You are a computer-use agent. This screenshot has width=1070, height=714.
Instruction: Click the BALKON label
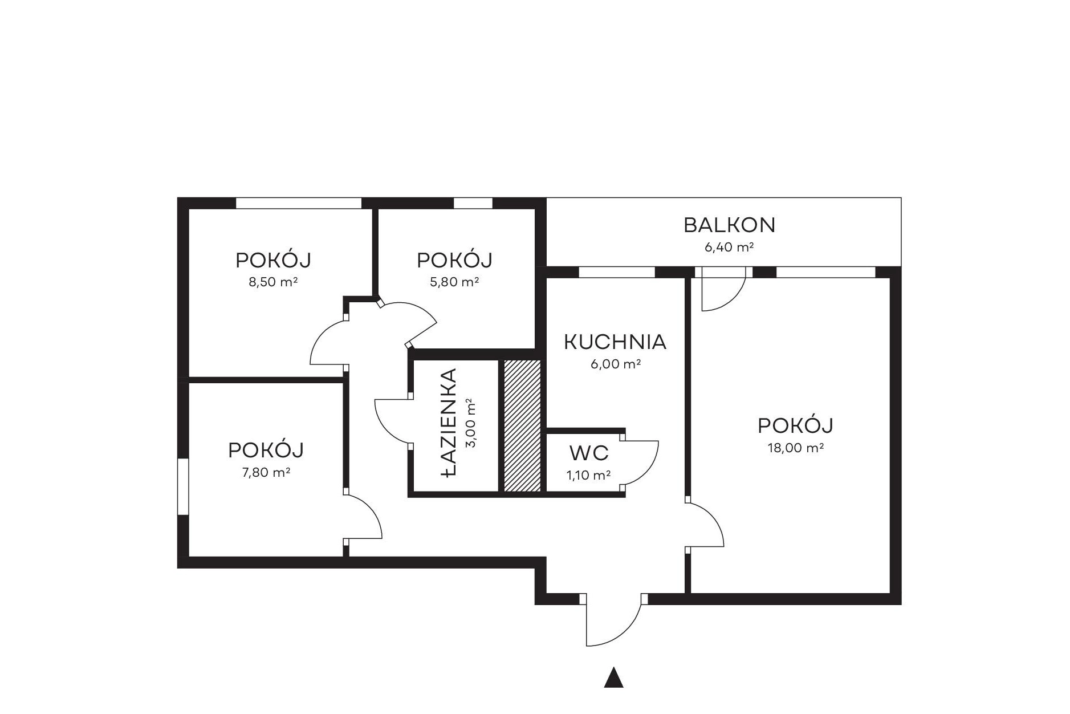point(729,225)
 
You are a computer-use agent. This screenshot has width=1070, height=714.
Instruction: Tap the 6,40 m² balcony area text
point(729,247)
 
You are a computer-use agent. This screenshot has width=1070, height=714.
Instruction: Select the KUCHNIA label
point(615,342)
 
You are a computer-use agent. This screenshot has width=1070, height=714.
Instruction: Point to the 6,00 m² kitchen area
point(616,364)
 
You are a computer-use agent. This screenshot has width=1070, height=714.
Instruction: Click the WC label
point(589,453)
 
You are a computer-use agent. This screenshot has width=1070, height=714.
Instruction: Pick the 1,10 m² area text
point(589,474)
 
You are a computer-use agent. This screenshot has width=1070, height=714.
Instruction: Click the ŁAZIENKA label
point(449,423)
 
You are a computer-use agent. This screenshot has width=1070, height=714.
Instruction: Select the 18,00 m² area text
point(796,448)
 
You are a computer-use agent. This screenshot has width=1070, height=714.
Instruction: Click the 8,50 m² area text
point(273,282)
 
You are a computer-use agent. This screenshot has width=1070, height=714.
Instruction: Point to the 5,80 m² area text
point(454,282)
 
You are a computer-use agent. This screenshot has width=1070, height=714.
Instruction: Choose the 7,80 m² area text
point(266,472)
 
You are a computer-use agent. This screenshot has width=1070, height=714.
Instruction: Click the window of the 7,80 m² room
point(183,486)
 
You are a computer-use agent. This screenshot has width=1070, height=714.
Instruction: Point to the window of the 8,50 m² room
point(299,202)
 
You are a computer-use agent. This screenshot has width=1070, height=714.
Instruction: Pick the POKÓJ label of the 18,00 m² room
point(796,425)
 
